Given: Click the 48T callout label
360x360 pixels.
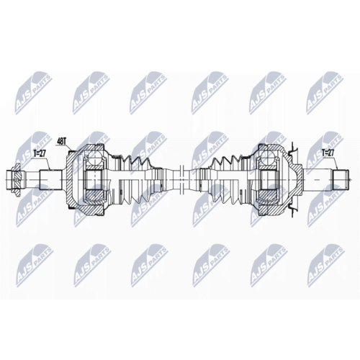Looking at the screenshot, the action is [61, 141].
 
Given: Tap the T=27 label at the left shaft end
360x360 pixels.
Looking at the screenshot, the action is [39, 154].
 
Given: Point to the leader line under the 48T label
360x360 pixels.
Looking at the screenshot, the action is [69, 147].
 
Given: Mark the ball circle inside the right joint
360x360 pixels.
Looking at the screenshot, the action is [268, 158].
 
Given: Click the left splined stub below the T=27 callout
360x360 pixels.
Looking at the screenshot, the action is [51, 179].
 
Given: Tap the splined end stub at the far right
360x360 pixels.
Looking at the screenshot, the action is [341, 179].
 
